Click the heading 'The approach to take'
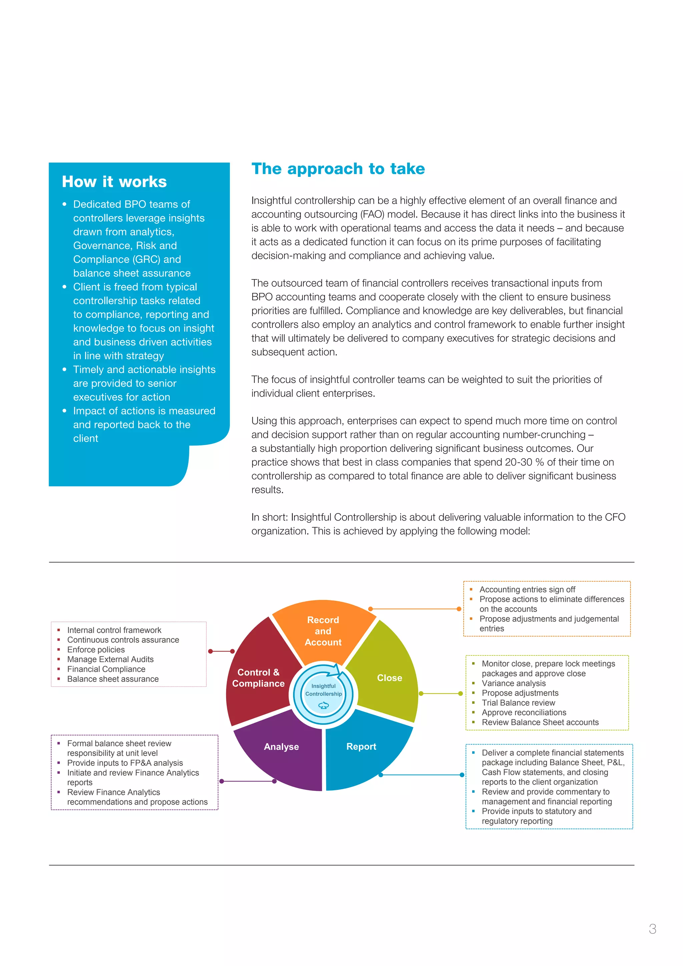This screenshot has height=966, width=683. tap(338, 169)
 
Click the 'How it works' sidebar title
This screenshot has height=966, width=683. tap(114, 182)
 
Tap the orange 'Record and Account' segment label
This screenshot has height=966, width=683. tap(323, 631)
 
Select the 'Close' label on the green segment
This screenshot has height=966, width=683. tap(390, 678)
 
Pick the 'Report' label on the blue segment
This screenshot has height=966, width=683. tap(361, 747)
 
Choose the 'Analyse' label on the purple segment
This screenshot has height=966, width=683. tap(281, 747)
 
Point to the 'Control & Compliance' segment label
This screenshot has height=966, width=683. tap(258, 678)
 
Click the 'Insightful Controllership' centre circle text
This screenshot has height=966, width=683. tap(323, 690)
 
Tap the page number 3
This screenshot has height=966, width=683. tap(652, 929)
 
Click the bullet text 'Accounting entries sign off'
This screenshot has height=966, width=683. tap(527, 589)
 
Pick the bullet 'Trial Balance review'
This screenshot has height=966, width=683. tap(518, 702)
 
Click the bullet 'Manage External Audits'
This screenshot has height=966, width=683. tap(110, 659)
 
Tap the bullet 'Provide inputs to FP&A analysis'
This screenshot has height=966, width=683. tap(125, 763)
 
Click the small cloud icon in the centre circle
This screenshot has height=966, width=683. tap(323, 705)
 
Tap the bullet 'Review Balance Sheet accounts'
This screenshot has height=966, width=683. tap(540, 722)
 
